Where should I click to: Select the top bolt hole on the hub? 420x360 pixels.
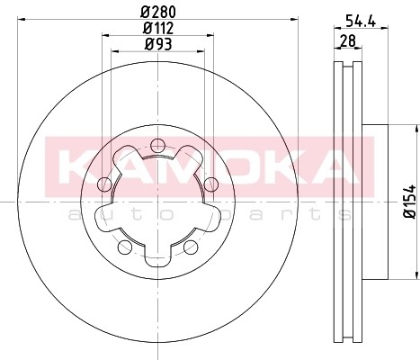(x=157, y=145)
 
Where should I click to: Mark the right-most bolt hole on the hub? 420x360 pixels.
(x=211, y=184)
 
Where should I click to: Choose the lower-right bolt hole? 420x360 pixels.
(x=191, y=247)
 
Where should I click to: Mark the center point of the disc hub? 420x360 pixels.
(x=157, y=202)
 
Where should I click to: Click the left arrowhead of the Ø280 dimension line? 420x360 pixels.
(x=23, y=21)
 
